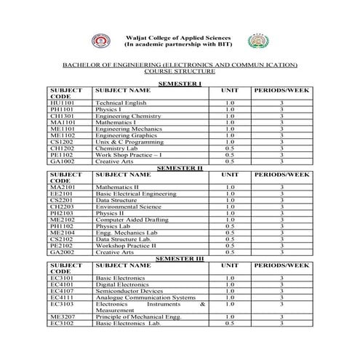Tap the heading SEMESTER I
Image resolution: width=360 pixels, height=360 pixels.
[x=179, y=85]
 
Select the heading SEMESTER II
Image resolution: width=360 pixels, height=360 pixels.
[x=179, y=168]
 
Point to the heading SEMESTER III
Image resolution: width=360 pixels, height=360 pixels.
[x=179, y=258]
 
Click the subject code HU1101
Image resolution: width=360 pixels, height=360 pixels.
[x=62, y=103]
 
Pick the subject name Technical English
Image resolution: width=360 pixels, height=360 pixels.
[x=121, y=103]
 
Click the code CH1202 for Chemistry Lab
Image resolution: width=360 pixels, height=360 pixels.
[x=62, y=148]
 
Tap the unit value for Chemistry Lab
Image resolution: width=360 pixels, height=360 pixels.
[x=230, y=148]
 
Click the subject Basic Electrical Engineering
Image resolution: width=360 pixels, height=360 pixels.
[x=135, y=193]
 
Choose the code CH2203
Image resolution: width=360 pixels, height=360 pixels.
[x=62, y=207]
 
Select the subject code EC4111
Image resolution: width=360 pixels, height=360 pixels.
[x=62, y=297]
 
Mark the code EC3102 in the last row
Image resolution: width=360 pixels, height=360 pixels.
[x=62, y=323]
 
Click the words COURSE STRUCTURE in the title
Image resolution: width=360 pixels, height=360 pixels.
[x=179, y=72]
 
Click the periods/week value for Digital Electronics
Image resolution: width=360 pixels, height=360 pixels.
[x=281, y=284]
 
